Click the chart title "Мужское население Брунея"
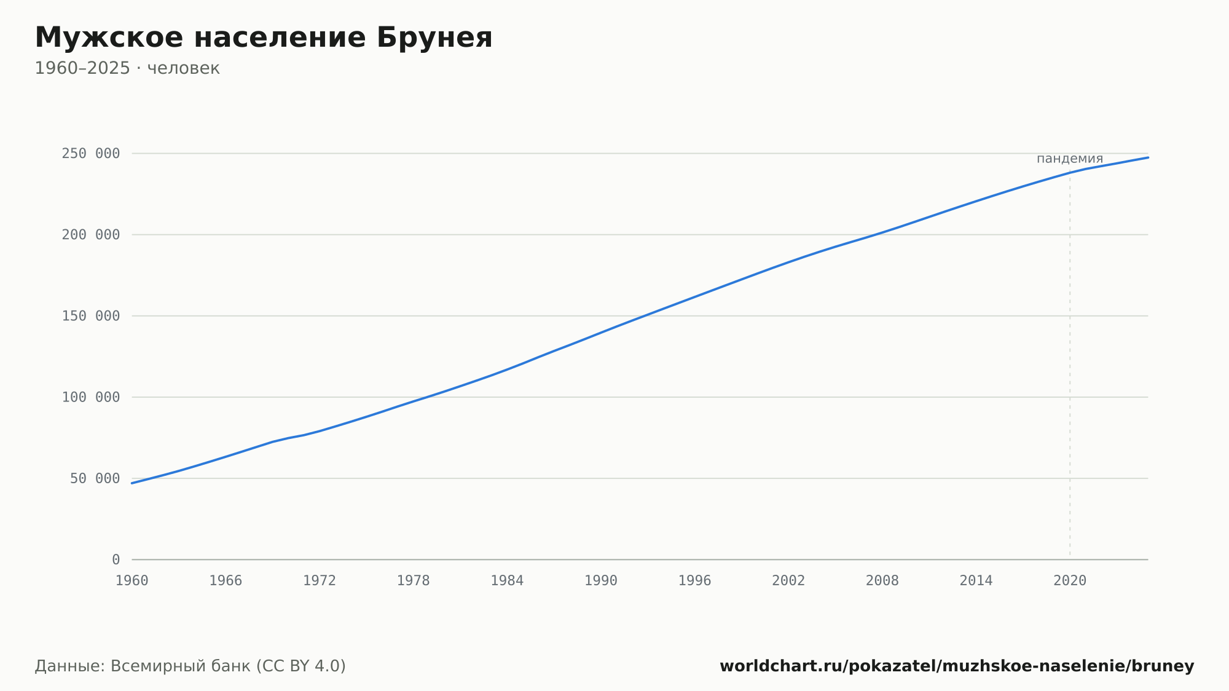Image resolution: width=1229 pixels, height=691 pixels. pos(264,38)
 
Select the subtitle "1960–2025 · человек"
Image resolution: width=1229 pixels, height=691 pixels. pos(127,68)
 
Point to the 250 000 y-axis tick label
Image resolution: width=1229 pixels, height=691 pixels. pos(91,154)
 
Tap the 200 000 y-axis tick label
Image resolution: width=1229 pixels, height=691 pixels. pos(91,235)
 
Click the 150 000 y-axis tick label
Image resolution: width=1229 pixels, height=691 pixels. pos(91,316)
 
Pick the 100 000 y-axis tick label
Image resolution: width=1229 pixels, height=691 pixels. pos(91,397)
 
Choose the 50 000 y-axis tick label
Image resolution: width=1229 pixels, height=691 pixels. pos(95,478)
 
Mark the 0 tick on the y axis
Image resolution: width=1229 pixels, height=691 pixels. pos(116,560)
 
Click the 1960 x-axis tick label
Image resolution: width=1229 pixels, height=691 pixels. pos(132,581)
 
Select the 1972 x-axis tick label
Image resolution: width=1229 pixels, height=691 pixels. pos(320,581)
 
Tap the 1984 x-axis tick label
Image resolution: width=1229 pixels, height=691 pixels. pos(507,581)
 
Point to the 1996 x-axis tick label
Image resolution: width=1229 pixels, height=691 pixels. pos(695,581)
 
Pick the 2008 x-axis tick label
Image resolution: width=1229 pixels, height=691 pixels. pos(882,581)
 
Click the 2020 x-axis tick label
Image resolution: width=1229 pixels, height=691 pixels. pos(1070,581)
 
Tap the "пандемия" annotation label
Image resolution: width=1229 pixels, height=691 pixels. pos(1070,159)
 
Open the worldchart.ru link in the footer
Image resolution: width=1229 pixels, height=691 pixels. pos(957,666)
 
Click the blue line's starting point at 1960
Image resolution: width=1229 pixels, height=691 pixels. pos(132,483)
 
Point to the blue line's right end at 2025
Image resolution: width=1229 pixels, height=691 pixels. pos(1148,157)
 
